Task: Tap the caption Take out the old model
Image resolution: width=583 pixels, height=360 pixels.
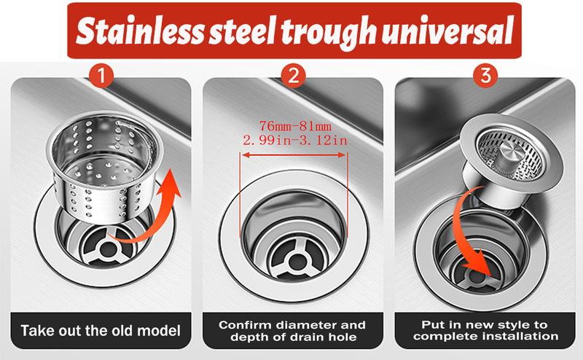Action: point(102,330)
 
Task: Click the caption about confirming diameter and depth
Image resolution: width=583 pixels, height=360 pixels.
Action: point(294,330)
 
